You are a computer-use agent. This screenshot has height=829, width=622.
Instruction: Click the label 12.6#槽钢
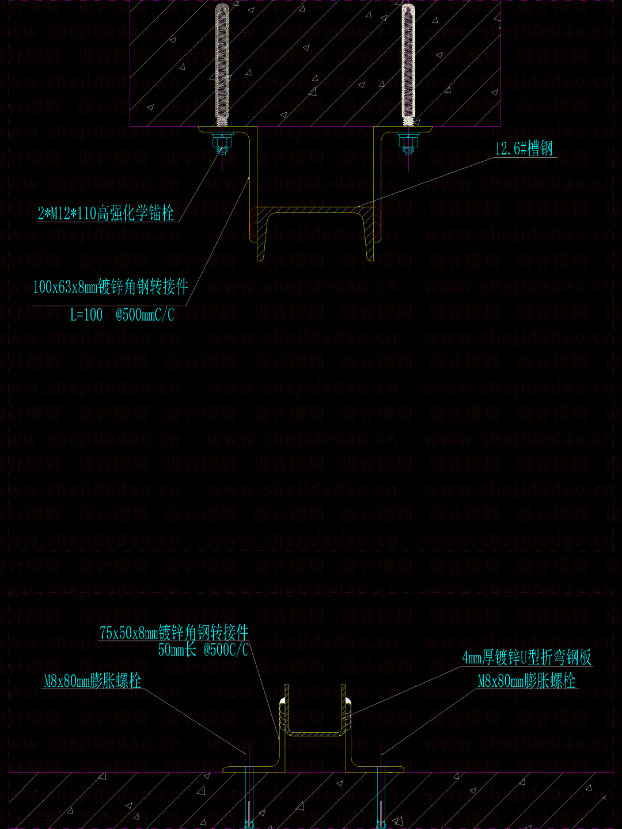click(x=524, y=149)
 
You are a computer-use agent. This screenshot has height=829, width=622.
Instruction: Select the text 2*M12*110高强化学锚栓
click(x=106, y=214)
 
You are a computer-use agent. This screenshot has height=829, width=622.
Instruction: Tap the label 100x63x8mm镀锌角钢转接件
click(x=111, y=286)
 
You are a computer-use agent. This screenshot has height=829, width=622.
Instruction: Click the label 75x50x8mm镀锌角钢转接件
click(x=174, y=633)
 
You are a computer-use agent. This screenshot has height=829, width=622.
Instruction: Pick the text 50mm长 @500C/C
click(x=203, y=650)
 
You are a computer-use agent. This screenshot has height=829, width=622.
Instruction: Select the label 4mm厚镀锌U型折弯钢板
click(x=527, y=657)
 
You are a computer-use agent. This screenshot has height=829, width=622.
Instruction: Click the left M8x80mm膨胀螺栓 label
click(x=93, y=681)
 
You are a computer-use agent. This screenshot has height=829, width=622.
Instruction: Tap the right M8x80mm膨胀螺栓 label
click(x=526, y=681)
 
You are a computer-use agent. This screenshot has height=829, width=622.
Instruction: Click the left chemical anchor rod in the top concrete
click(x=222, y=63)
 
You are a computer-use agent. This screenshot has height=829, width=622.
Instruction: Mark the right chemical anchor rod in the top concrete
click(x=408, y=63)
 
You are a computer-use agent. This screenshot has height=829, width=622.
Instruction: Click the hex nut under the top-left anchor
click(x=222, y=141)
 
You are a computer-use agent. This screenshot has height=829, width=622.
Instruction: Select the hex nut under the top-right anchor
click(x=408, y=141)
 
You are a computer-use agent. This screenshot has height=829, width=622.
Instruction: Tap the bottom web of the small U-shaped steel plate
click(x=315, y=733)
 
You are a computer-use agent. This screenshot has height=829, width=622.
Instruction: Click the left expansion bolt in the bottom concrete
click(x=249, y=797)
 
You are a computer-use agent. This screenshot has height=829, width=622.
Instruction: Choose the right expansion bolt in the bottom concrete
click(x=381, y=797)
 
